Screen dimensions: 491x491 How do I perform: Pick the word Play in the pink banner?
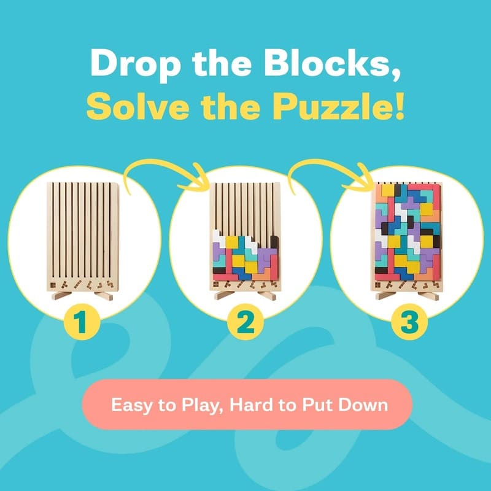point(188,406)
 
